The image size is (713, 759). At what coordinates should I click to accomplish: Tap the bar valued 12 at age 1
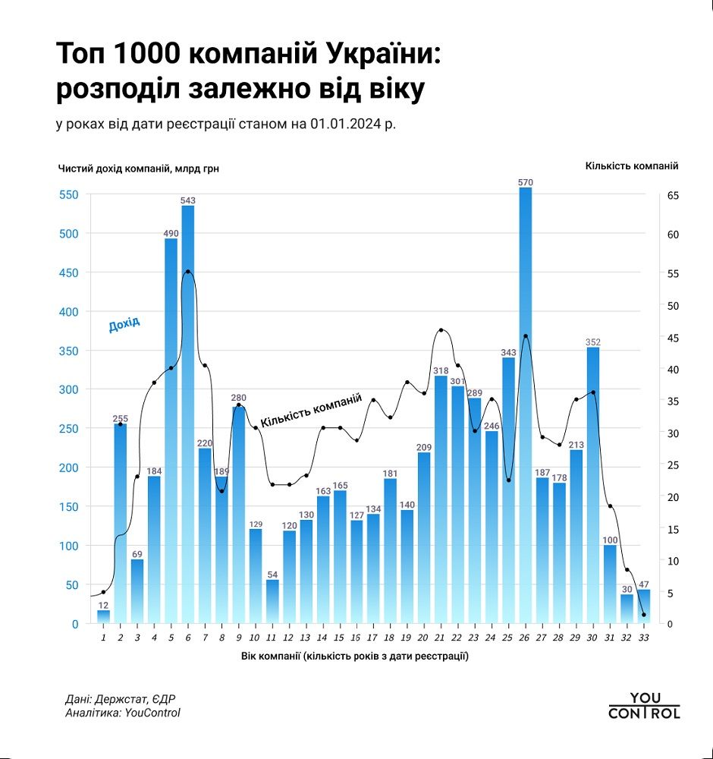[103, 616]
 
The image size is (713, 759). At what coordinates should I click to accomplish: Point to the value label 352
[592, 342]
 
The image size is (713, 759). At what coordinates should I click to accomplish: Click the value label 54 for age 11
[272, 575]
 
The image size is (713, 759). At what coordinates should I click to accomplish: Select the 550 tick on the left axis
[69, 195]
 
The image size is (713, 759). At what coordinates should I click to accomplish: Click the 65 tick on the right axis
[673, 195]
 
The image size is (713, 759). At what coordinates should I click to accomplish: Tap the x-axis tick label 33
[643, 638]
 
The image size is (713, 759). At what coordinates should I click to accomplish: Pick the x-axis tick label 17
[373, 638]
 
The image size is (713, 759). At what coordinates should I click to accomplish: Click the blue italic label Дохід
[124, 325]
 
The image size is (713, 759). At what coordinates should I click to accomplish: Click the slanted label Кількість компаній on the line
[311, 411]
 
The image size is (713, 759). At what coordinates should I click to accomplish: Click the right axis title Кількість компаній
[631, 165]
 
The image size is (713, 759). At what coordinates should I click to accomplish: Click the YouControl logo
[644, 705]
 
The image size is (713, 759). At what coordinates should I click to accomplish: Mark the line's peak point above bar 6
[188, 271]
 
